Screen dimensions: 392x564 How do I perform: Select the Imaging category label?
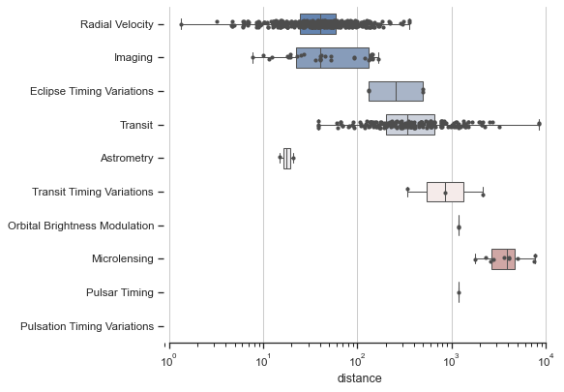coord(134,58)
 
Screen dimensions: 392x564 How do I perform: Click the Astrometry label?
coord(126,158)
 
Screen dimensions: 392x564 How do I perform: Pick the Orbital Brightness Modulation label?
coord(80,226)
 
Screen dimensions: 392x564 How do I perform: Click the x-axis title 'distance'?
coord(359,378)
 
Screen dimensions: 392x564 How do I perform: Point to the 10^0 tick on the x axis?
coord(169,360)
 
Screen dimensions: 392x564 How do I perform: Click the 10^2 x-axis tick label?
coord(358,360)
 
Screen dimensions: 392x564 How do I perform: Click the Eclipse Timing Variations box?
coord(397,91)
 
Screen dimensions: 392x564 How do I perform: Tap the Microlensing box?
coord(503,259)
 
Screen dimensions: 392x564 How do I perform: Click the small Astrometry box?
coord(286,158)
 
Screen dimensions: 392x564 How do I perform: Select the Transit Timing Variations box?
coord(445,192)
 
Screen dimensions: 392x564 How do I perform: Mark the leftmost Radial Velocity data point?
coord(181,24)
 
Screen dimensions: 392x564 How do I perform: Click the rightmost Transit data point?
coord(539,124)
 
